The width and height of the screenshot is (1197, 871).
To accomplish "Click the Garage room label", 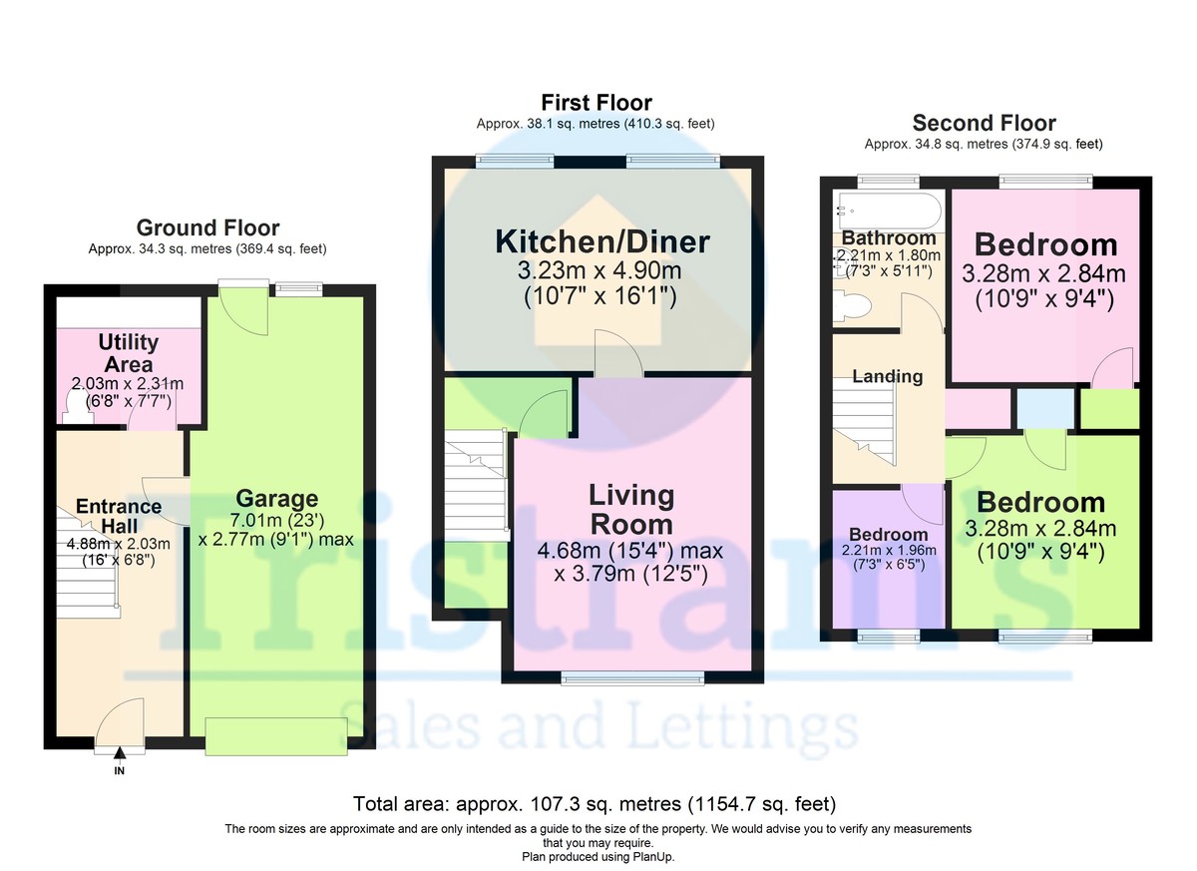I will coord(276,499).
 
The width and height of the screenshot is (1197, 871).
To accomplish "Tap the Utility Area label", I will coord(128,352).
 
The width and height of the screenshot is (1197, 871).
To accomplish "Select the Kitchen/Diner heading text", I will coord(602,241).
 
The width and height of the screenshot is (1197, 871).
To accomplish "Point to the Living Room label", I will coord(630,509).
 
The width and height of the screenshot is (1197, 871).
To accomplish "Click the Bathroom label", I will coord(888,238).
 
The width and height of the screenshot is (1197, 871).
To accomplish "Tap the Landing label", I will coord(887,376).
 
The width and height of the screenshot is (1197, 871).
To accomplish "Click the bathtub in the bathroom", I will coord(888,211).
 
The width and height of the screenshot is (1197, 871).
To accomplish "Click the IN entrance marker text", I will coord(120,771).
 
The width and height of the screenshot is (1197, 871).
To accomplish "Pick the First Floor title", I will coord(597,103).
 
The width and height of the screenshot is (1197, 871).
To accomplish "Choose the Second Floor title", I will coord(984,124).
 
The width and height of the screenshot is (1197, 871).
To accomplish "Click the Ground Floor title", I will coord(207,228).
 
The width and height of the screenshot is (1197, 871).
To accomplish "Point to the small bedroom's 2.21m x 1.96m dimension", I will coord(888,551).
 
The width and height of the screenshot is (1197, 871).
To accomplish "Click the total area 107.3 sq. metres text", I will coord(595,804).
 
